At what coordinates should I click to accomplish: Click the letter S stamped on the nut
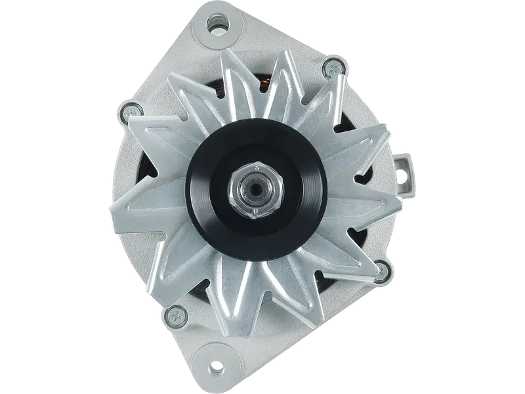click(x=255, y=168)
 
